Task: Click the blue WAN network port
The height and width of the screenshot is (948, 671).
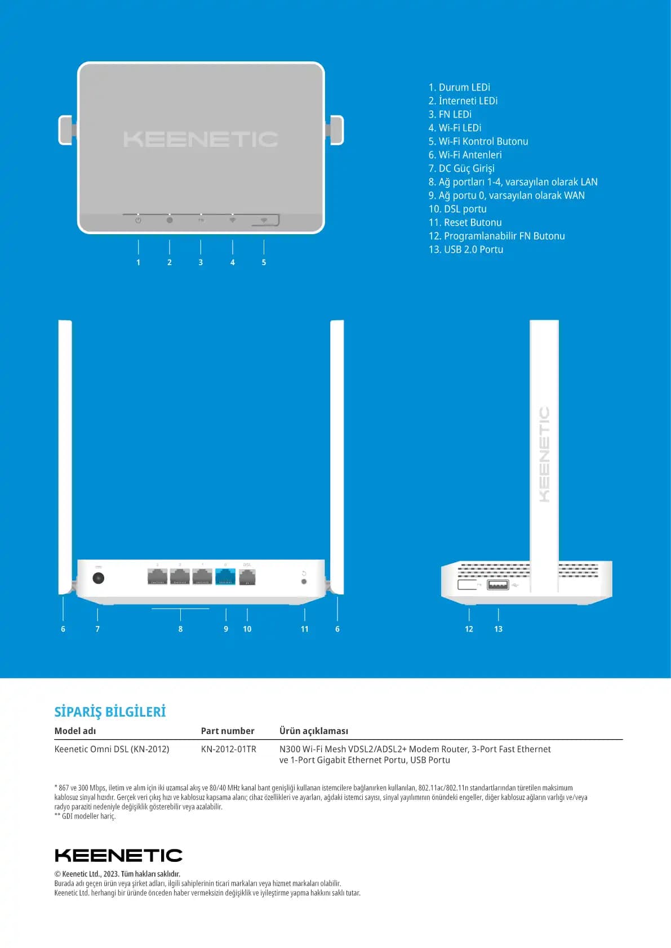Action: point(225,576)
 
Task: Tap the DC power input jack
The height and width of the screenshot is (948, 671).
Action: point(98,578)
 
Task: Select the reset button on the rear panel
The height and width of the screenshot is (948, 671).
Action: point(304,582)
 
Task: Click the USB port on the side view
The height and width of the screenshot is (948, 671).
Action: point(497,585)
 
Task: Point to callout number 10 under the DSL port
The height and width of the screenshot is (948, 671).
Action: point(247,629)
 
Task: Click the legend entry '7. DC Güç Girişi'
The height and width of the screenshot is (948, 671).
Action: point(461,168)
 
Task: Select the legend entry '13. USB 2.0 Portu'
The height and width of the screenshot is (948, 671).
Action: point(466,249)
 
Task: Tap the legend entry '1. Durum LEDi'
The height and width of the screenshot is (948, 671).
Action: point(459,87)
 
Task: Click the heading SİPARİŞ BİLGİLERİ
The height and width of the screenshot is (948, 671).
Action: point(110,712)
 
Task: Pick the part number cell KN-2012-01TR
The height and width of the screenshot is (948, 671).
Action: point(229,749)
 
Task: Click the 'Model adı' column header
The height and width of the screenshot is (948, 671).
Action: point(75,731)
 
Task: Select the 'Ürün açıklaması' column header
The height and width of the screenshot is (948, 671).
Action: point(313,731)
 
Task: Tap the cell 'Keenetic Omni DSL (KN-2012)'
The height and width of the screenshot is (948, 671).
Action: point(112,749)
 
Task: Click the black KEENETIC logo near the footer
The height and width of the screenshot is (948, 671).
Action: point(119,855)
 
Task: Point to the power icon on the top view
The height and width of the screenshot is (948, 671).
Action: point(138,220)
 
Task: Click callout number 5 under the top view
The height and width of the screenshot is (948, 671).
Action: point(264,262)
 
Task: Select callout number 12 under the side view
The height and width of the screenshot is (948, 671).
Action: point(469,629)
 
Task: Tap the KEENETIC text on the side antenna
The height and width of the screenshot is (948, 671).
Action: point(544,454)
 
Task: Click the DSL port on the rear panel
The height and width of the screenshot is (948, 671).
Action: point(247,577)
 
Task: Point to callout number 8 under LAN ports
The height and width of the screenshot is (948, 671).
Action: point(180,629)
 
